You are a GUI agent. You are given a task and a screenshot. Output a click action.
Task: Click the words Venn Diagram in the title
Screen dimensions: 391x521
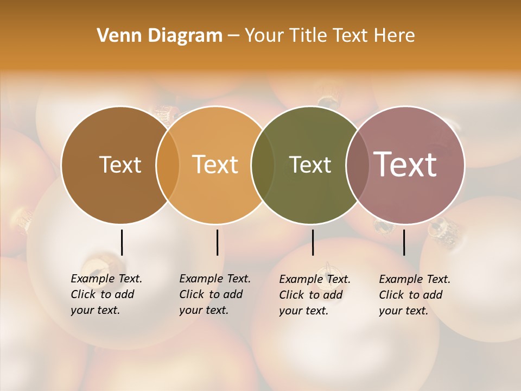160,36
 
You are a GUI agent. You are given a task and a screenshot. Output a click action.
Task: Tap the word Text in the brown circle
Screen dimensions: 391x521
120,165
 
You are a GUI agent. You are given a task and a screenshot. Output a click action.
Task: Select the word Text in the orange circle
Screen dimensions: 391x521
215,165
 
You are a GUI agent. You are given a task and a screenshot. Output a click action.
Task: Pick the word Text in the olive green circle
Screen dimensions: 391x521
310,165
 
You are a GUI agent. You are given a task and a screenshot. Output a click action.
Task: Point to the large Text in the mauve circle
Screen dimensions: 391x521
405,165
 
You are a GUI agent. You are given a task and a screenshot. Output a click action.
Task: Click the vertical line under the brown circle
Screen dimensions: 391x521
122,242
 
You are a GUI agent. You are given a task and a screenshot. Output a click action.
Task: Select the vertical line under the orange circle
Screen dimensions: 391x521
217,242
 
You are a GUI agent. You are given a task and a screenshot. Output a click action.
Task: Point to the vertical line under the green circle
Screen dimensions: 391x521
313,242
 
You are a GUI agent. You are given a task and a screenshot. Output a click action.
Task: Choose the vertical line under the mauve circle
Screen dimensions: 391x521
404,242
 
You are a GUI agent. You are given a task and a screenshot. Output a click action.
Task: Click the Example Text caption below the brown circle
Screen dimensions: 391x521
106,294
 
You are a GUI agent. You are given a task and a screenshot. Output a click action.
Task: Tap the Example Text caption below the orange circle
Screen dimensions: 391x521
214,294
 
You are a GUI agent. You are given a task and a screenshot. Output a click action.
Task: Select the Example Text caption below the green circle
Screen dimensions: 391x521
314,295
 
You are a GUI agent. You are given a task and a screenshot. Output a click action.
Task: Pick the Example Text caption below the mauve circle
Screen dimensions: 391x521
414,295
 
